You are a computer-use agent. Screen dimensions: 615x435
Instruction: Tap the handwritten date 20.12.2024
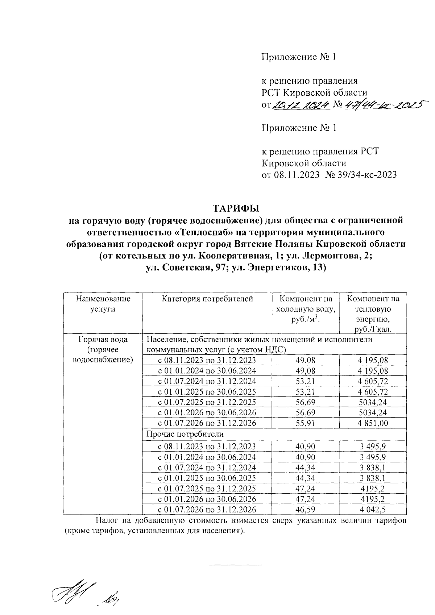coord(301,105)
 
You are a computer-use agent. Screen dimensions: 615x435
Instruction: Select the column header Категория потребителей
coord(207,299)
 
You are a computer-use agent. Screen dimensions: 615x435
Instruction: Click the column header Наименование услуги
coord(103,304)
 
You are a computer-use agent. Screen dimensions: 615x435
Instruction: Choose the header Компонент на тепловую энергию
coord(373,314)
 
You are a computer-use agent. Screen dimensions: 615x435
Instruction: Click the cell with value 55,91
coord(306,423)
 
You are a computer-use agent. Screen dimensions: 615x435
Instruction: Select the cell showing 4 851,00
coord(373,423)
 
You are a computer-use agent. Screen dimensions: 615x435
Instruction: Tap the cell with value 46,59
coord(306,509)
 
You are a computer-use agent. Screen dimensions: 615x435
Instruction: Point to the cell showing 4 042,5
coord(373,509)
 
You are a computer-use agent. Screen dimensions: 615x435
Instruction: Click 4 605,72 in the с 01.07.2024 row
coord(373,381)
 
